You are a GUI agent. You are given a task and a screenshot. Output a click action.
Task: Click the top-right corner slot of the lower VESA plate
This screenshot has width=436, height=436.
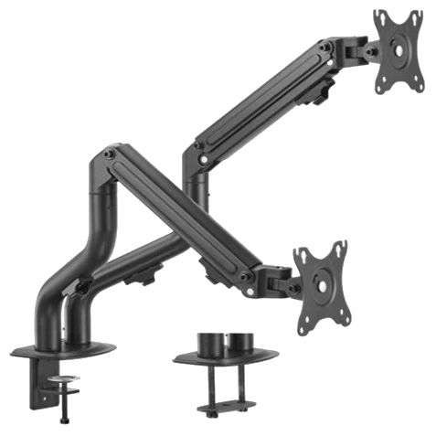tap(341, 248)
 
